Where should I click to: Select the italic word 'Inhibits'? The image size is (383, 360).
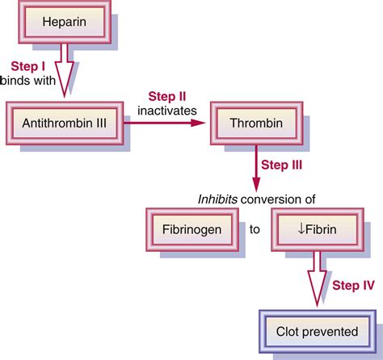tap(220, 199)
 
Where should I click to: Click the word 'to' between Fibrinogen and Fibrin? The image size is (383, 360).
tap(255, 229)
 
